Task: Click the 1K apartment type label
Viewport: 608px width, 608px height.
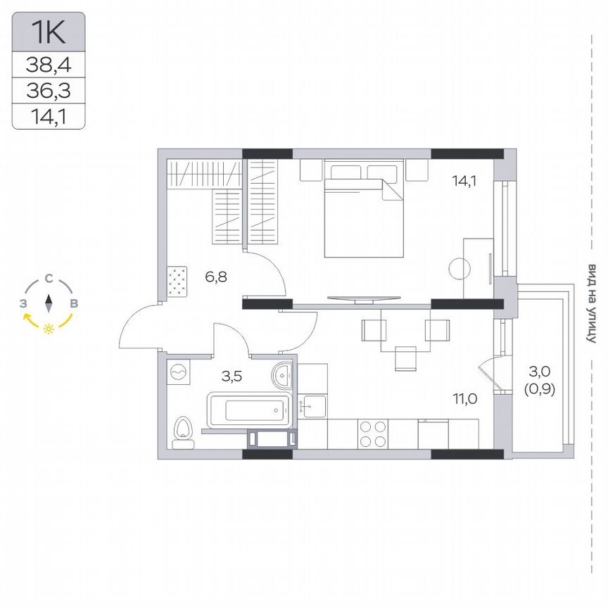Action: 49,32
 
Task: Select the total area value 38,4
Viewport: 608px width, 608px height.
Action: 49,65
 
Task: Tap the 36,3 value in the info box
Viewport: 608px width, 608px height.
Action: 49,91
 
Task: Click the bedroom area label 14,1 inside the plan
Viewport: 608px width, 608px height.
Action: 465,180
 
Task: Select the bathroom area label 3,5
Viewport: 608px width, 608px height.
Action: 232,376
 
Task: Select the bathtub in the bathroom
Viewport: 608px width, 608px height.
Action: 248,408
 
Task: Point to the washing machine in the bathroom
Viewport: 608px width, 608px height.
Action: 179,372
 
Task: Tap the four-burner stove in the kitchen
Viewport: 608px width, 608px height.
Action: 372,433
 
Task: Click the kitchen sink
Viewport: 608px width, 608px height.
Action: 312,406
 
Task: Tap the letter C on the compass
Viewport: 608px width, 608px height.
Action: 49,279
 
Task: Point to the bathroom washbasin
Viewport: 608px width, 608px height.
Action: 284,376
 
